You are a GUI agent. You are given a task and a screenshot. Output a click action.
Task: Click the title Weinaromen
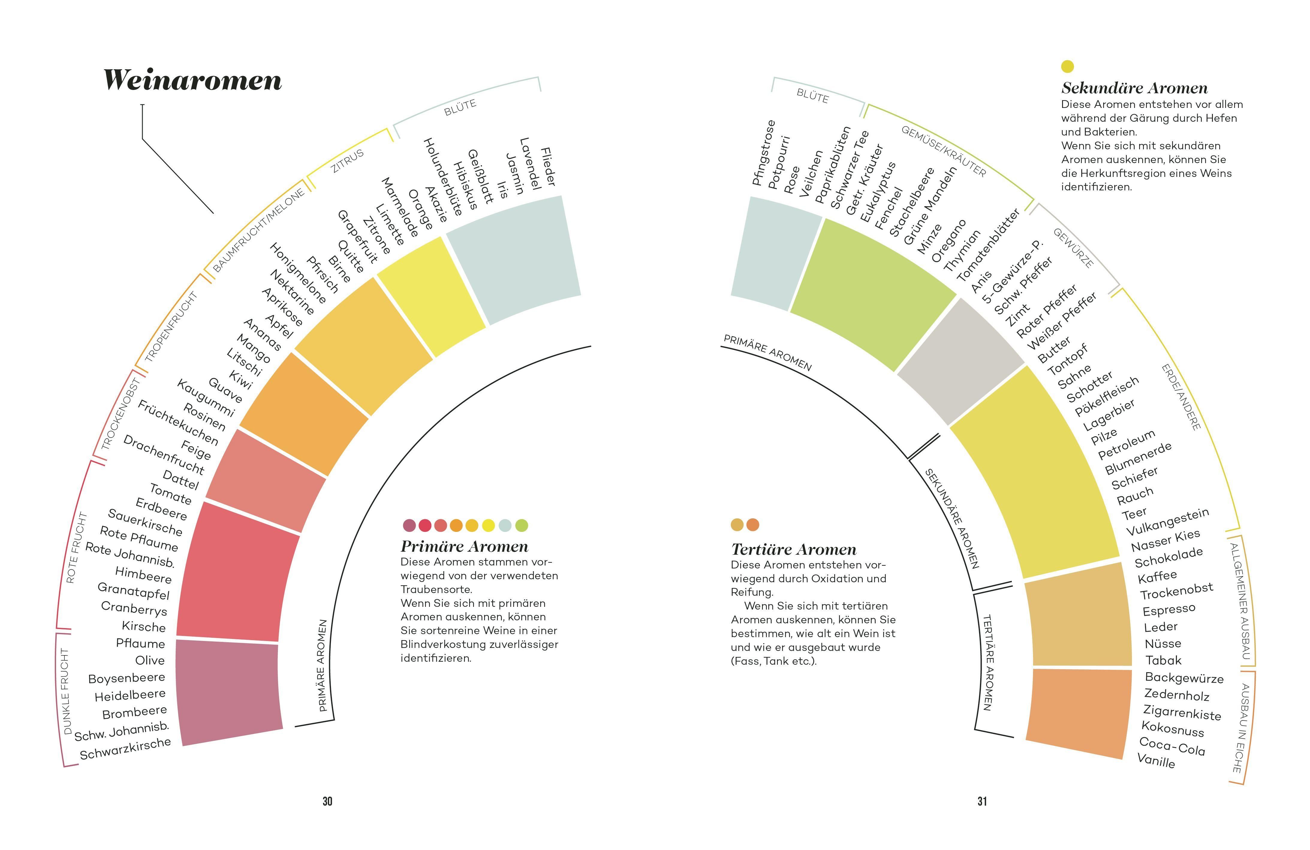193,80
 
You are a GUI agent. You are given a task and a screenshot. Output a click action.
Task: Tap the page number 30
327,801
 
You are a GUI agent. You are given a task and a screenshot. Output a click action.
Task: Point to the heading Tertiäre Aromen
793,549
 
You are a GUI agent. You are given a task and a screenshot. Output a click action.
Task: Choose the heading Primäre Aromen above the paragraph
464,547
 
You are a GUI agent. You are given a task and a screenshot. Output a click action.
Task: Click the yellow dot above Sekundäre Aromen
1067,67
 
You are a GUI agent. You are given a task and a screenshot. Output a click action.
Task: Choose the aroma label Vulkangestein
1167,521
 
